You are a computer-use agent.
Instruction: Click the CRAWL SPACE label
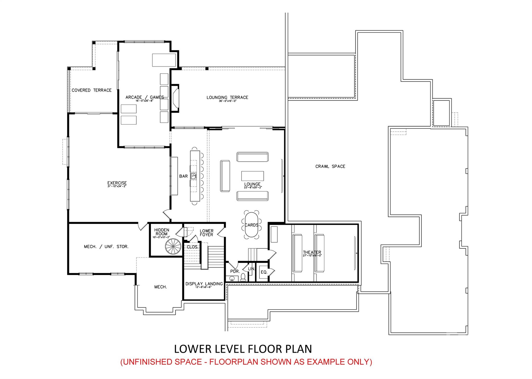[x=330, y=166]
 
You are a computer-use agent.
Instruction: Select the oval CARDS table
[x=251, y=225]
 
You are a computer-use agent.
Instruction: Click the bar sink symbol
[x=194, y=176]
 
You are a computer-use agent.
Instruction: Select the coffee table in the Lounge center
[x=252, y=176]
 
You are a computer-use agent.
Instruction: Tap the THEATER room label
[x=312, y=252]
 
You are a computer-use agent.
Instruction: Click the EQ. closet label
[x=264, y=272]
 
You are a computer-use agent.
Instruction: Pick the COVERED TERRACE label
[x=91, y=90]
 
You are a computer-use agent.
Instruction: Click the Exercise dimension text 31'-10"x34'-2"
[x=117, y=186]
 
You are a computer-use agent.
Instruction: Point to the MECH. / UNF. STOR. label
[x=106, y=247]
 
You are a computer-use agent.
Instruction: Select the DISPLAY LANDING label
[x=204, y=284]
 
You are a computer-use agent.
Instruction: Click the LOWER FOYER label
[x=207, y=233]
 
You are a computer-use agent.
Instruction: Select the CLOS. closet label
[x=192, y=247]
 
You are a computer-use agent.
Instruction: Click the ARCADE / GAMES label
[x=144, y=97]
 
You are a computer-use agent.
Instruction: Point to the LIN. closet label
[x=251, y=269]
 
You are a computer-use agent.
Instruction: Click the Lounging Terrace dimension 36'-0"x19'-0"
[x=228, y=101]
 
